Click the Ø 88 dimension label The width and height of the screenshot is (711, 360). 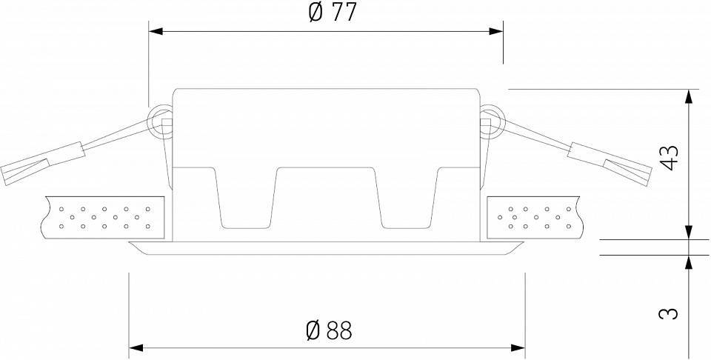tap(329, 330)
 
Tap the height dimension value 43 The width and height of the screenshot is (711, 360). tap(670, 158)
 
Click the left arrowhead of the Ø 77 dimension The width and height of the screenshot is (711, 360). tap(154, 31)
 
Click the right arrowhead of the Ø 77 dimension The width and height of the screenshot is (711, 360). tap(498, 31)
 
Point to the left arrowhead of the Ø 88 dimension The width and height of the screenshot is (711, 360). tap(135, 347)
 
